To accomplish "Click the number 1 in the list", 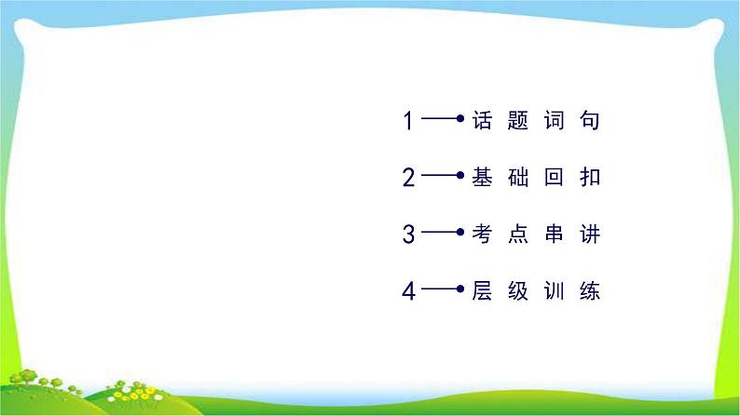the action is (x=409, y=120).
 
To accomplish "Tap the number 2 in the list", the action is (x=409, y=177).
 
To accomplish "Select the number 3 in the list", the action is (x=409, y=234).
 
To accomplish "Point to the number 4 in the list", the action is (x=409, y=290).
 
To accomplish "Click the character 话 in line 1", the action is (x=482, y=120).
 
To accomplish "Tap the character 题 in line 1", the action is (x=517, y=120).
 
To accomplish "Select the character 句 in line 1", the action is (x=590, y=120).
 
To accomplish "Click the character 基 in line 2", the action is (x=482, y=177).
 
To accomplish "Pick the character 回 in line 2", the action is (x=554, y=177).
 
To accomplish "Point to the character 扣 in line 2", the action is (x=590, y=177).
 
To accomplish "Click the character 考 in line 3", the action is (x=482, y=234).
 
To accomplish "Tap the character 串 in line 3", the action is (x=554, y=234).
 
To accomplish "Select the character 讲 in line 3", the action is (x=590, y=234).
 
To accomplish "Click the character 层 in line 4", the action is (x=482, y=290).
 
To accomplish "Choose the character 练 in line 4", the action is (x=590, y=290).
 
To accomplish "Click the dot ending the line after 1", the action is (x=460, y=118).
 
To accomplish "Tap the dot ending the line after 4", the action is (x=460, y=289).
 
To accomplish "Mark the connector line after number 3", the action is (x=439, y=232).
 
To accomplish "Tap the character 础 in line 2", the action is (x=517, y=177).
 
